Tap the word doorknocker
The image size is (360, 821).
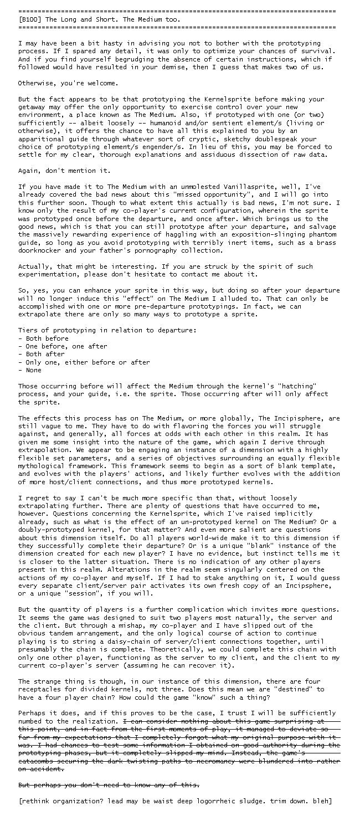pos(41,250)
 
